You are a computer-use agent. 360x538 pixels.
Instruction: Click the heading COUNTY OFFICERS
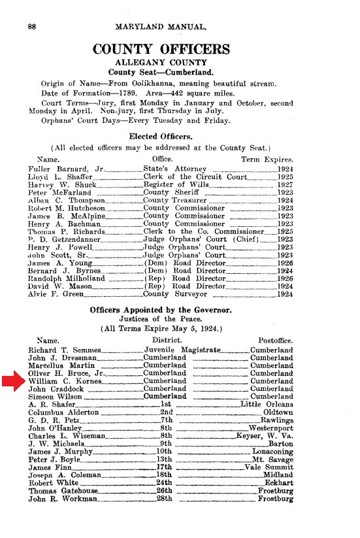tap(161, 50)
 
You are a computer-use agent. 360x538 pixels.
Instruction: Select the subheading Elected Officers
tap(161, 137)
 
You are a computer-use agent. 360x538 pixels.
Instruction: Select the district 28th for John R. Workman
tap(163, 499)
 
